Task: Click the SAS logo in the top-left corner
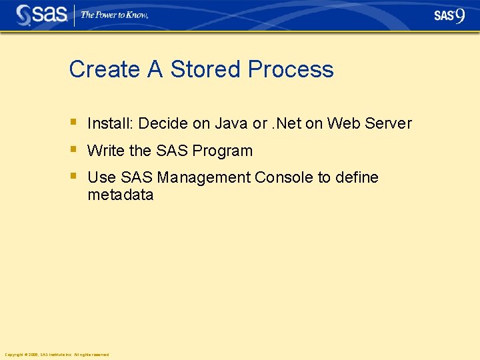tap(41, 15)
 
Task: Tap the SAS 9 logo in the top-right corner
tap(449, 15)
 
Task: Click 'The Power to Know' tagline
tap(114, 15)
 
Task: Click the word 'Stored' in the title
tap(205, 69)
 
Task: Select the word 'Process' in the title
tap(291, 69)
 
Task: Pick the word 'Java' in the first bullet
tap(230, 123)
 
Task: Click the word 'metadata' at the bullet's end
tap(120, 195)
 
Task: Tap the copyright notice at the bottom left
tap(56, 355)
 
